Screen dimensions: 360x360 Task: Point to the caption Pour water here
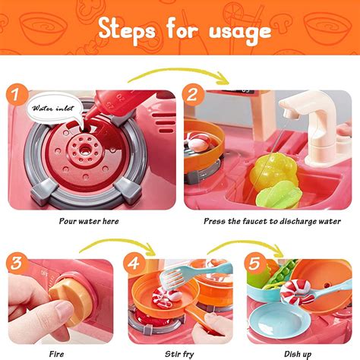pos(90,222)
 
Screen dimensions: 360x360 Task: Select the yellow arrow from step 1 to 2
pos(182,74)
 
